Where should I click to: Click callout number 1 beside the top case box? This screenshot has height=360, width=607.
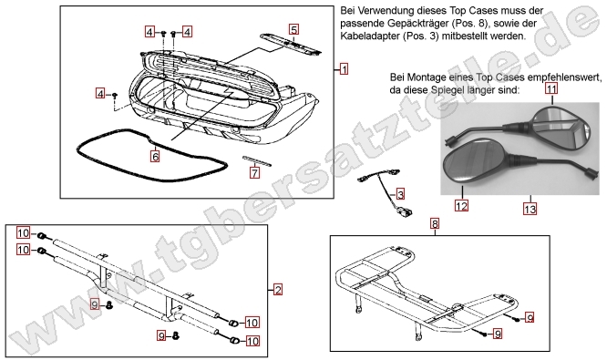tap(343, 69)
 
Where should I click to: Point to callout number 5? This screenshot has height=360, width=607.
tap(293, 30)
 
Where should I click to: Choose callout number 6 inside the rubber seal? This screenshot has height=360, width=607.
tap(155, 156)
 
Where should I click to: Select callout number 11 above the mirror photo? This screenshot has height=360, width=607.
tap(551, 89)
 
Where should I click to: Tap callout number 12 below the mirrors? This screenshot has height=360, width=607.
tap(462, 206)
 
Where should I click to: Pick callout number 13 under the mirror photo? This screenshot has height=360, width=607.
tap(530, 209)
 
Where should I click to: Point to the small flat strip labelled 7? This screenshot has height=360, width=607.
tap(257, 160)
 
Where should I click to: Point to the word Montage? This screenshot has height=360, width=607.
tap(429, 77)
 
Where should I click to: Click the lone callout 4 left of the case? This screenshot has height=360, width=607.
tap(102, 94)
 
